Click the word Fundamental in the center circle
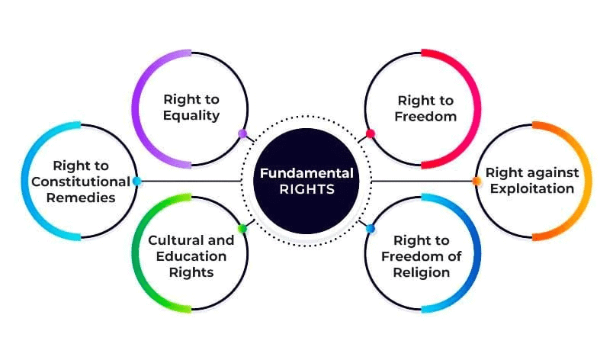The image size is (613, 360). (x=307, y=173)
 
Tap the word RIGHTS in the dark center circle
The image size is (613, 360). (x=307, y=190)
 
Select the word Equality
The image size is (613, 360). (x=191, y=116)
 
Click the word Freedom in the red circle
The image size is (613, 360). (x=425, y=117)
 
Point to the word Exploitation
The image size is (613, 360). (x=532, y=189)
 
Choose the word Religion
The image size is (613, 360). (x=422, y=272)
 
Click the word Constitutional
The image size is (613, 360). (x=81, y=182)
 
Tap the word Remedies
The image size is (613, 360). (x=81, y=198)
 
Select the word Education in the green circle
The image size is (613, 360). (x=191, y=256)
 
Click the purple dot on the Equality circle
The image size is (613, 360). (x=242, y=133)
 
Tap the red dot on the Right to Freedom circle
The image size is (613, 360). (x=371, y=133)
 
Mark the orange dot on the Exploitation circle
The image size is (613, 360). (x=477, y=181)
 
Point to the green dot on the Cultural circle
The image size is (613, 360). (x=242, y=229)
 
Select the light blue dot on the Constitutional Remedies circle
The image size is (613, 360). (x=136, y=181)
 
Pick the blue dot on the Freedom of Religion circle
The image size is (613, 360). (x=371, y=229)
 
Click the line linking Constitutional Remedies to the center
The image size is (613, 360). (x=191, y=181)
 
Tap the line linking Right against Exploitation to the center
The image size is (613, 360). (x=422, y=181)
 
